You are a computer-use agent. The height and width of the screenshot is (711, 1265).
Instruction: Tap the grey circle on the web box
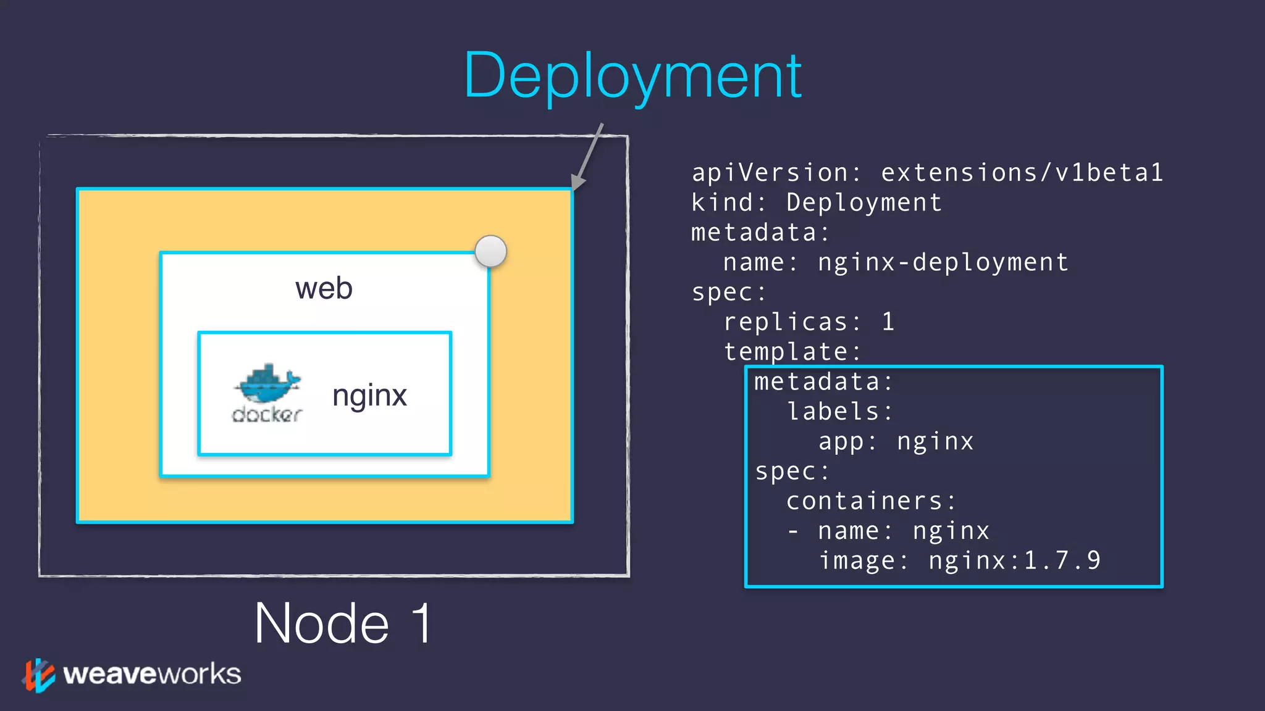tap(491, 251)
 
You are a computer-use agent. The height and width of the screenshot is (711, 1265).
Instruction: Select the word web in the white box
tap(324, 288)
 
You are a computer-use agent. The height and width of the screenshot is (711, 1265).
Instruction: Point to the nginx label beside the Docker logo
tap(369, 395)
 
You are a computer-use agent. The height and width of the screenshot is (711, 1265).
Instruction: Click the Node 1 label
tap(343, 623)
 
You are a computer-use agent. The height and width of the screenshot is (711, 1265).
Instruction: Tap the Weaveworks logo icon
tap(38, 675)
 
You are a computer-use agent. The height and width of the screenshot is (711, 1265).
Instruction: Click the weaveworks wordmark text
tap(152, 674)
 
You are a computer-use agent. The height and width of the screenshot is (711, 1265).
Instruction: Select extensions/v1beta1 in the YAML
tap(1022, 172)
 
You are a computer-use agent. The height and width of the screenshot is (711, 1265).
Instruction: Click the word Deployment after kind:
tap(864, 202)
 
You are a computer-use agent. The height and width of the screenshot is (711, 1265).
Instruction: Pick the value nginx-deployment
tap(943, 262)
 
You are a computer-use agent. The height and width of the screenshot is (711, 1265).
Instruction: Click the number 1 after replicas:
tap(888, 322)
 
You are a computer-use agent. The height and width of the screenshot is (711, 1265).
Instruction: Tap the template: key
tap(792, 352)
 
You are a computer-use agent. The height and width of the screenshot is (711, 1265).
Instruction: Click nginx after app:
tap(935, 441)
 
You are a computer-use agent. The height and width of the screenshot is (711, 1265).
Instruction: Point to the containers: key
tap(871, 501)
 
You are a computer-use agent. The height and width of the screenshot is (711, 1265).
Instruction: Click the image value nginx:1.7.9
tap(1014, 560)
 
